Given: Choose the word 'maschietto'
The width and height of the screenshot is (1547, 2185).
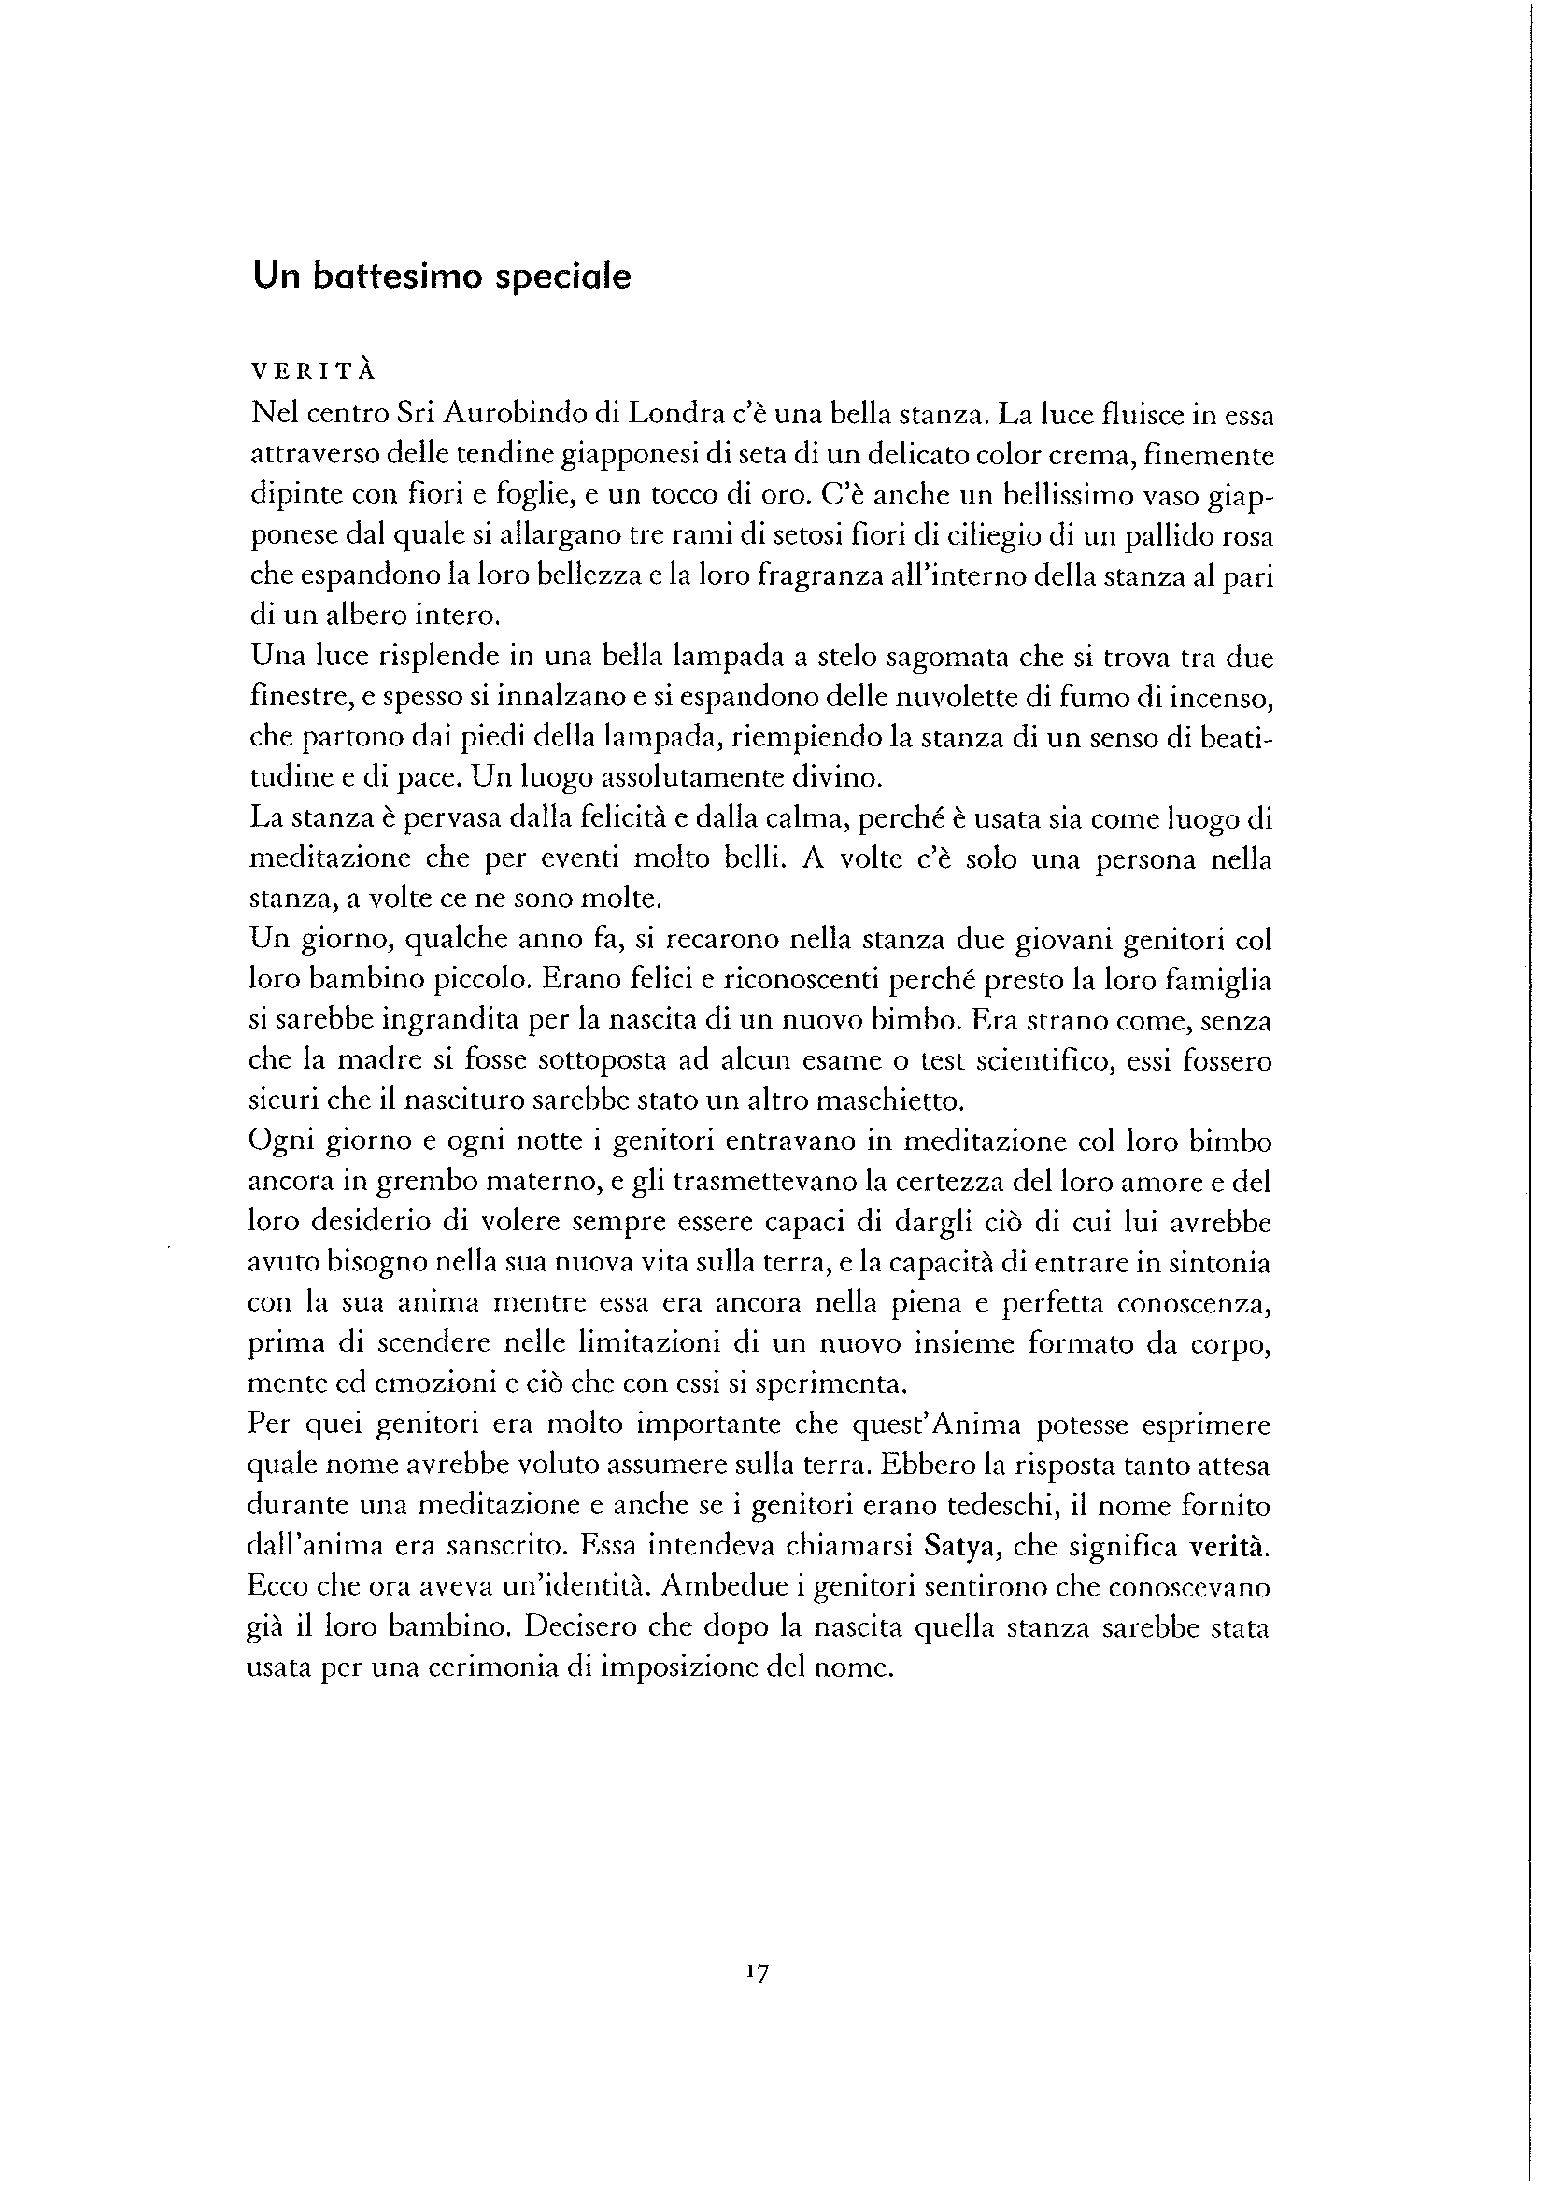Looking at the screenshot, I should [896, 1101].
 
